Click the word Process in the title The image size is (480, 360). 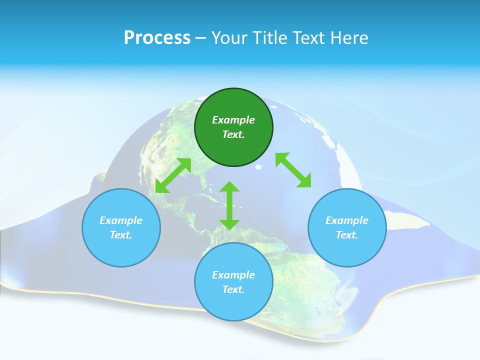(157, 38)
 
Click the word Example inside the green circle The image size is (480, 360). (233, 120)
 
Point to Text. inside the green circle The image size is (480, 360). (233, 134)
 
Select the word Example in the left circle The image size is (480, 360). (121, 220)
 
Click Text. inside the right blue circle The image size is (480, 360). (347, 235)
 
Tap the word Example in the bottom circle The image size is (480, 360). (233, 275)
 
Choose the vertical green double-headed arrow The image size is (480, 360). (229, 205)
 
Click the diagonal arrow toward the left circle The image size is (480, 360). (173, 175)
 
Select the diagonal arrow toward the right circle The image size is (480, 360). (293, 170)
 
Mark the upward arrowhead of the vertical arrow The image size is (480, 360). (229, 187)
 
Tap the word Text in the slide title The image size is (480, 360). (309, 38)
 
